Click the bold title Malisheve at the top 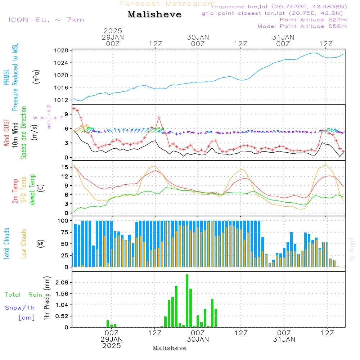tap(154, 14)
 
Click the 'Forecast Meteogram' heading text tap(168, 4)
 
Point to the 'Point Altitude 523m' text tap(313, 19)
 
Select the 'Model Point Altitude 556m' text tap(302, 26)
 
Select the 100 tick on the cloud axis tap(63, 221)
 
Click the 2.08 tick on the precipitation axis tap(62, 283)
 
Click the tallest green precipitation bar tap(187, 301)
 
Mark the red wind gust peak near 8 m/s tap(159, 117)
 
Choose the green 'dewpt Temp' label tap(32, 189)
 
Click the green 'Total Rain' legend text tap(24, 294)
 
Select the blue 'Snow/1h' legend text tap(20, 308)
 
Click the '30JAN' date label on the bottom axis tap(198, 339)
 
